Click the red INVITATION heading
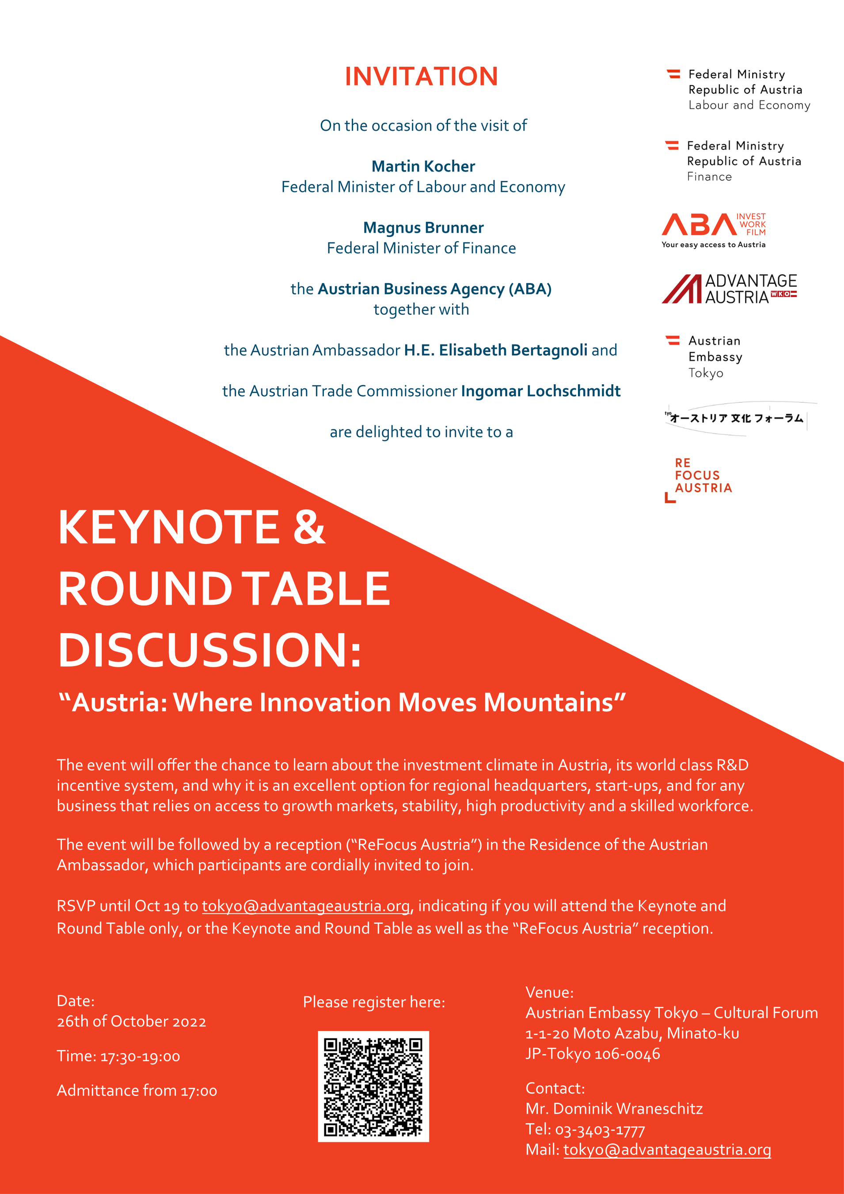[421, 77]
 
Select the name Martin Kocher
[423, 166]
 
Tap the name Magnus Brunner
[423, 228]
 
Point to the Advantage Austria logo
[729, 289]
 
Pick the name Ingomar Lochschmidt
[540, 391]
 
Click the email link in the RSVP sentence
[306, 906]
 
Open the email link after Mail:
[667, 1149]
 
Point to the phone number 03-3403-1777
[600, 1129]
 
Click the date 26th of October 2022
[132, 1022]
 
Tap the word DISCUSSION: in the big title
[209, 651]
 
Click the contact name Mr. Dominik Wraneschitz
[614, 1109]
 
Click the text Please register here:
[374, 1002]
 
